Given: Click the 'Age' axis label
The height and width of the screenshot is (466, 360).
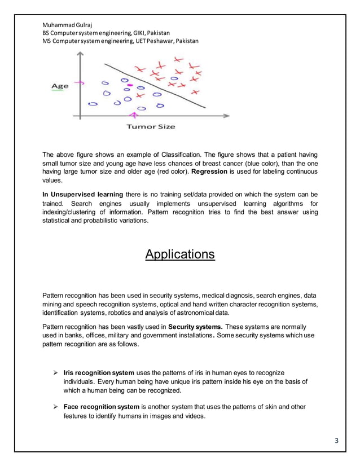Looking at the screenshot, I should point(60,86).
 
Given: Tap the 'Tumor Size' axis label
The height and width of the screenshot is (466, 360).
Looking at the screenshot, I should point(151,126).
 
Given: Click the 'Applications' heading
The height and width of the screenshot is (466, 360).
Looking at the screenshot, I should point(180,254).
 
